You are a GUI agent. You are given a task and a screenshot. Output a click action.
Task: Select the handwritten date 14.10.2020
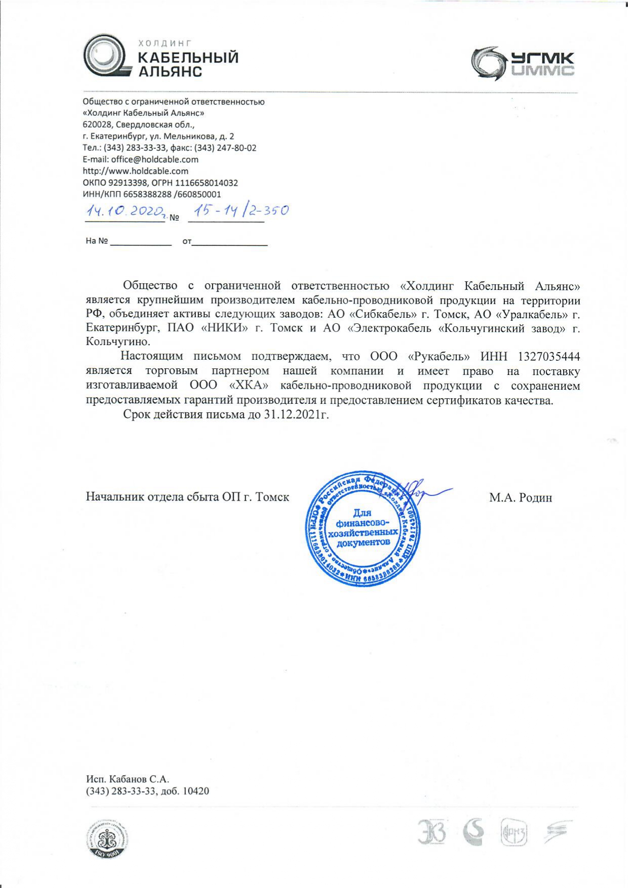[x=125, y=211]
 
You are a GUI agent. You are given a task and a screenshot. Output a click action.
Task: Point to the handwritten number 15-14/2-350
[x=238, y=210]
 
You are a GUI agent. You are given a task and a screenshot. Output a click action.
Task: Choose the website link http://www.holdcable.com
[x=135, y=171]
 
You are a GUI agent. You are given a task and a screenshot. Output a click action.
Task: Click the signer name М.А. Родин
[x=520, y=497]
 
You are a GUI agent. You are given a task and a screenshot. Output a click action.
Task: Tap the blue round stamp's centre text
[x=363, y=527]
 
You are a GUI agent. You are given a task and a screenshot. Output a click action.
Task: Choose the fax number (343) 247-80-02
[x=227, y=148]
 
